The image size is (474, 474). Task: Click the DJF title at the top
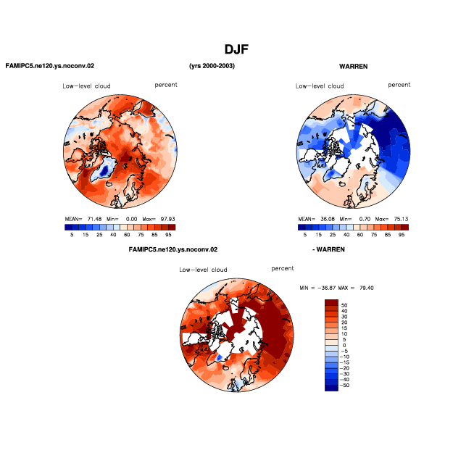236,49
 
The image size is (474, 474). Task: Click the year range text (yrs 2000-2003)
212,66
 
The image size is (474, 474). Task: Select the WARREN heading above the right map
354,66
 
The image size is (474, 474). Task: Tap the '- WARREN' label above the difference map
328,249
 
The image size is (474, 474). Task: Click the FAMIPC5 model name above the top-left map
50,66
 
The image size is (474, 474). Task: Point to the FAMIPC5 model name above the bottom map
173,249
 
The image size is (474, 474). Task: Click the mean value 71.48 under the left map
95,219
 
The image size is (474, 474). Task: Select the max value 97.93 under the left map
167,219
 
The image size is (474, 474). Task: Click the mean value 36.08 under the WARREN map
328,219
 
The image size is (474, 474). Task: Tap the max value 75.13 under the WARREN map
401,219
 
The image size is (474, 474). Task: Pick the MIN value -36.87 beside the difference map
326,288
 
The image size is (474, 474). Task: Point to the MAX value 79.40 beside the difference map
367,288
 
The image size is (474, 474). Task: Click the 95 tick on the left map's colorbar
168,235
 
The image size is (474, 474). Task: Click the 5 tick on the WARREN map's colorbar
305,235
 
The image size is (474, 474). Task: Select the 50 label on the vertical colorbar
344,305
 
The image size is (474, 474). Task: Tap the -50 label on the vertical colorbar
344,386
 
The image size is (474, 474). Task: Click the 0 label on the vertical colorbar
344,345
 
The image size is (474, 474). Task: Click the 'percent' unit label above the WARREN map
399,85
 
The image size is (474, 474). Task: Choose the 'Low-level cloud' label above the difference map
203,270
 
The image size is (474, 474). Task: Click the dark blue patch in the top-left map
104,171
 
